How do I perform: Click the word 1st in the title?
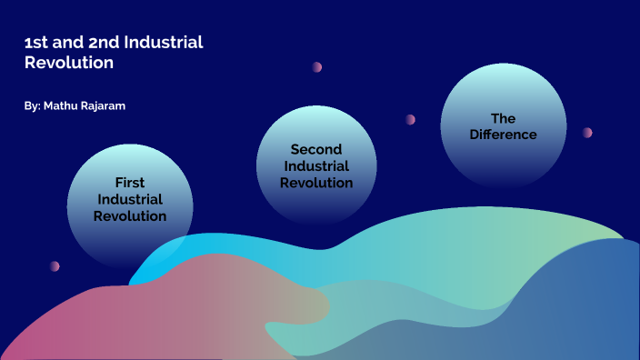[x=35, y=43]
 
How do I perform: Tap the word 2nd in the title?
[x=99, y=43]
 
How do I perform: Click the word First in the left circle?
[x=130, y=183]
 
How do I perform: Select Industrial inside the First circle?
[x=130, y=199]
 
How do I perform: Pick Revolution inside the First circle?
[x=130, y=216]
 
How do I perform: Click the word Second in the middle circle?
[x=315, y=149]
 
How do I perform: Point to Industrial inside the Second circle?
[x=315, y=166]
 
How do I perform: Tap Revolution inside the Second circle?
[x=315, y=183]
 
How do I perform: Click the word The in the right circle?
[x=503, y=118]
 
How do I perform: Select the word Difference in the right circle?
[x=503, y=135]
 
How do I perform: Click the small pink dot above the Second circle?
[x=317, y=67]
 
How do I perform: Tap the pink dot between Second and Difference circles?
[x=411, y=119]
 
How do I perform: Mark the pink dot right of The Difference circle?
[x=587, y=133]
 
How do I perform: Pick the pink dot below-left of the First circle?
[x=55, y=266]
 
